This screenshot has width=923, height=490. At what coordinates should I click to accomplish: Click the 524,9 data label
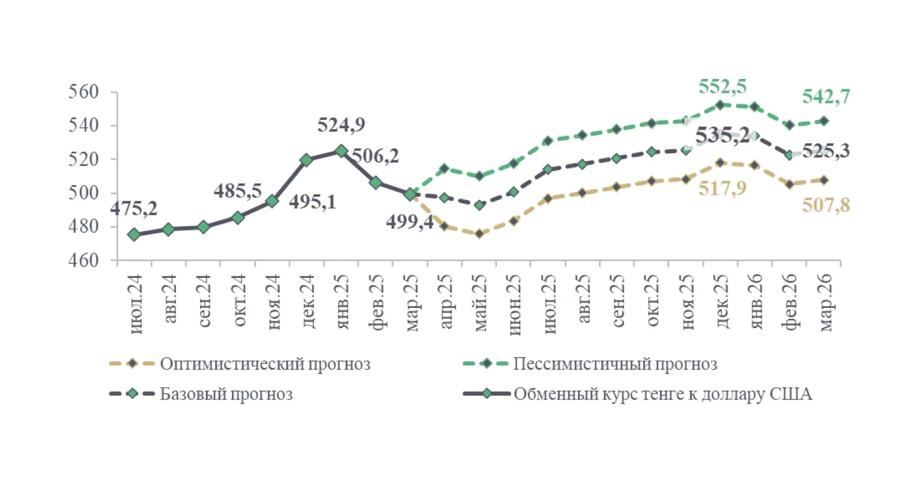pos(341,125)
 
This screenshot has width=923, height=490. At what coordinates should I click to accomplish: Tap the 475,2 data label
pos(134,208)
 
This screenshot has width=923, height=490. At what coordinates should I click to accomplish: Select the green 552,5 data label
pos(722,87)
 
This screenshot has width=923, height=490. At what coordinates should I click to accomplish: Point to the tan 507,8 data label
pos(826,205)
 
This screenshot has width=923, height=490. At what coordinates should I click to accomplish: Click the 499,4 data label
pos(410,221)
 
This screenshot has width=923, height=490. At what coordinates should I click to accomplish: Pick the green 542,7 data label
pos(826,97)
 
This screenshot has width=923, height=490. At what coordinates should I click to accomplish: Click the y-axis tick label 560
pos(84,92)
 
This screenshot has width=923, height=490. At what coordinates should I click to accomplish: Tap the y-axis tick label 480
pos(84,227)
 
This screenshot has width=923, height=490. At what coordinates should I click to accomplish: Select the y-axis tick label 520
pos(84,159)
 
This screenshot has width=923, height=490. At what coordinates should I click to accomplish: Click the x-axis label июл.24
pos(135,304)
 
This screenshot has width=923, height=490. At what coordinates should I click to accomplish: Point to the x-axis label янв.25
pos(342,301)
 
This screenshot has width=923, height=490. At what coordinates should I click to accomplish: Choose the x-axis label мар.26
pos(825,302)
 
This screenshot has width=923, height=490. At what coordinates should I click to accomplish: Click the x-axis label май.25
pos(480,303)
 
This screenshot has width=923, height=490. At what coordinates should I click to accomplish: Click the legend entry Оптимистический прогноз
pos(265,364)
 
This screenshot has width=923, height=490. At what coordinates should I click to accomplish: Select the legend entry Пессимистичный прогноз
pos(615,364)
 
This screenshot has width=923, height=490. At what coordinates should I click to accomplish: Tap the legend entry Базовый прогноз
pos(226,394)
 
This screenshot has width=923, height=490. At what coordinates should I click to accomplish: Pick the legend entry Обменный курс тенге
pos(663,394)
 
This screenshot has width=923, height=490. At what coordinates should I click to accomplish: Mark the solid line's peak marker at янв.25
pos(341,151)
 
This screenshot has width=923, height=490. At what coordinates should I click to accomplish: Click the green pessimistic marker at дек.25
pos(720,105)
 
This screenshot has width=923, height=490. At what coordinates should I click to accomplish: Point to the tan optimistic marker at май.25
pos(479,233)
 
